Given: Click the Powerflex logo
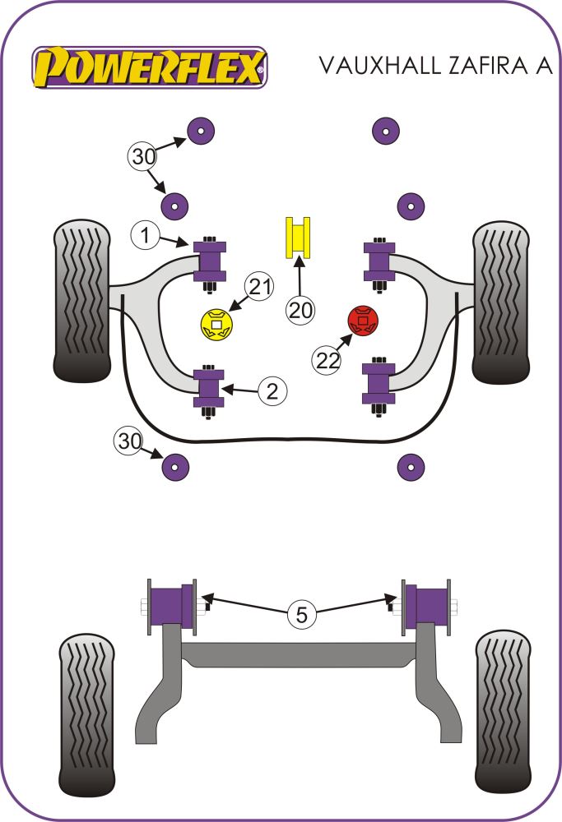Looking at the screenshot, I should coord(150,67).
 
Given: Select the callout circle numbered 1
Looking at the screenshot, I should coord(145,237).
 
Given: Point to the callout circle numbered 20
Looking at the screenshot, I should coord(301,310).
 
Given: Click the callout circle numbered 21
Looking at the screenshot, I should coord(260,287).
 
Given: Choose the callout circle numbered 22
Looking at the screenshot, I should coord(327,359).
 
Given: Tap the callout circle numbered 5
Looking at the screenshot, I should coord(301,614).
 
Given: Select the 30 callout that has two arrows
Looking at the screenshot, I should coord(143,155).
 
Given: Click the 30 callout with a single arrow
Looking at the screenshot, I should coord(129,441).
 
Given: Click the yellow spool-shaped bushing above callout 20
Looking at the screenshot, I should coord(299,237).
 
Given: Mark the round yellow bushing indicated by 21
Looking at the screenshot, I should coord(216,324).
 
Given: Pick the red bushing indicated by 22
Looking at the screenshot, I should coord(362,320).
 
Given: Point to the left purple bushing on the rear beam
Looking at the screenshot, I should coord(171,607).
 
